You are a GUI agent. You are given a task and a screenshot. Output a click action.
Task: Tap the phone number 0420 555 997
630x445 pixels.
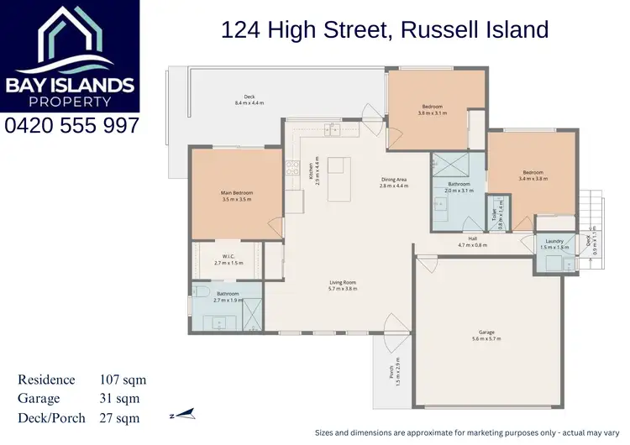point(71,126)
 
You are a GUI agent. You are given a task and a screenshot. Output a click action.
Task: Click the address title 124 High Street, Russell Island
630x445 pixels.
point(384,30)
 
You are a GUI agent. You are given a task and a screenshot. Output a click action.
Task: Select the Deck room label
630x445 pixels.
point(249,99)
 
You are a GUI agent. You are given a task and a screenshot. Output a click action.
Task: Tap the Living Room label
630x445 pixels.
point(342,285)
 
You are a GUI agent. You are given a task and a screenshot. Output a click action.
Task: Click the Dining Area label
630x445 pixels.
point(393,182)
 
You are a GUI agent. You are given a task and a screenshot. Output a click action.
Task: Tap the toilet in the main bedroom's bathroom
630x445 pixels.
point(201,291)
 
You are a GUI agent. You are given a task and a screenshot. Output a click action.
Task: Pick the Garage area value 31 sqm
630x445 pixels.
point(119,399)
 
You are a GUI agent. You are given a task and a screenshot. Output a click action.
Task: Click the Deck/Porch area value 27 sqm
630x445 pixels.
point(119,417)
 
